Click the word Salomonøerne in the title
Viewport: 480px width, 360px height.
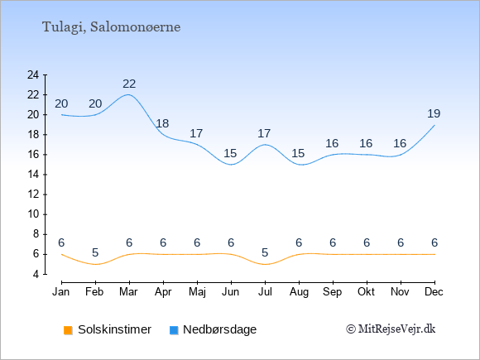click(x=135, y=27)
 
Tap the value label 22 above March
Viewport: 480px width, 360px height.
click(x=129, y=84)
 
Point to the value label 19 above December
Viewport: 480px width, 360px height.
click(x=434, y=113)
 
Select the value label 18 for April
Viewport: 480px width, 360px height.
click(x=162, y=123)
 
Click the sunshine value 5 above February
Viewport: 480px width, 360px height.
click(x=95, y=252)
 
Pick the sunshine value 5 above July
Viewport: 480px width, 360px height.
click(x=265, y=252)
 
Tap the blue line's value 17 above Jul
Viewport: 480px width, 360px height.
click(x=264, y=133)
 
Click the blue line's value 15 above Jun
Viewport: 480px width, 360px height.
click(x=230, y=153)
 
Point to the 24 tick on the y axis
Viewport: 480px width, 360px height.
click(x=33, y=74)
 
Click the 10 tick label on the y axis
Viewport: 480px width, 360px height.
click(x=33, y=214)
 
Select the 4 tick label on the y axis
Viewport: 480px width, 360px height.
click(x=36, y=274)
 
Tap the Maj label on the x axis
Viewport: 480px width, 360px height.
click(x=197, y=292)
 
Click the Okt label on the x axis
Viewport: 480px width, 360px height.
click(x=366, y=292)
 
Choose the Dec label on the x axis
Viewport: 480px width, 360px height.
click(x=434, y=292)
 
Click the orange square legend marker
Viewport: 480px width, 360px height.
click(x=68, y=330)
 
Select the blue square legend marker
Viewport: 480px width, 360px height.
click(x=174, y=330)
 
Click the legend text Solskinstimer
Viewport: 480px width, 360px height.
click(x=114, y=329)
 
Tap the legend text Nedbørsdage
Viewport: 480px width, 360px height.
click(x=220, y=329)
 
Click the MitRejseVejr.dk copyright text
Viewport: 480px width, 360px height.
click(x=391, y=329)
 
